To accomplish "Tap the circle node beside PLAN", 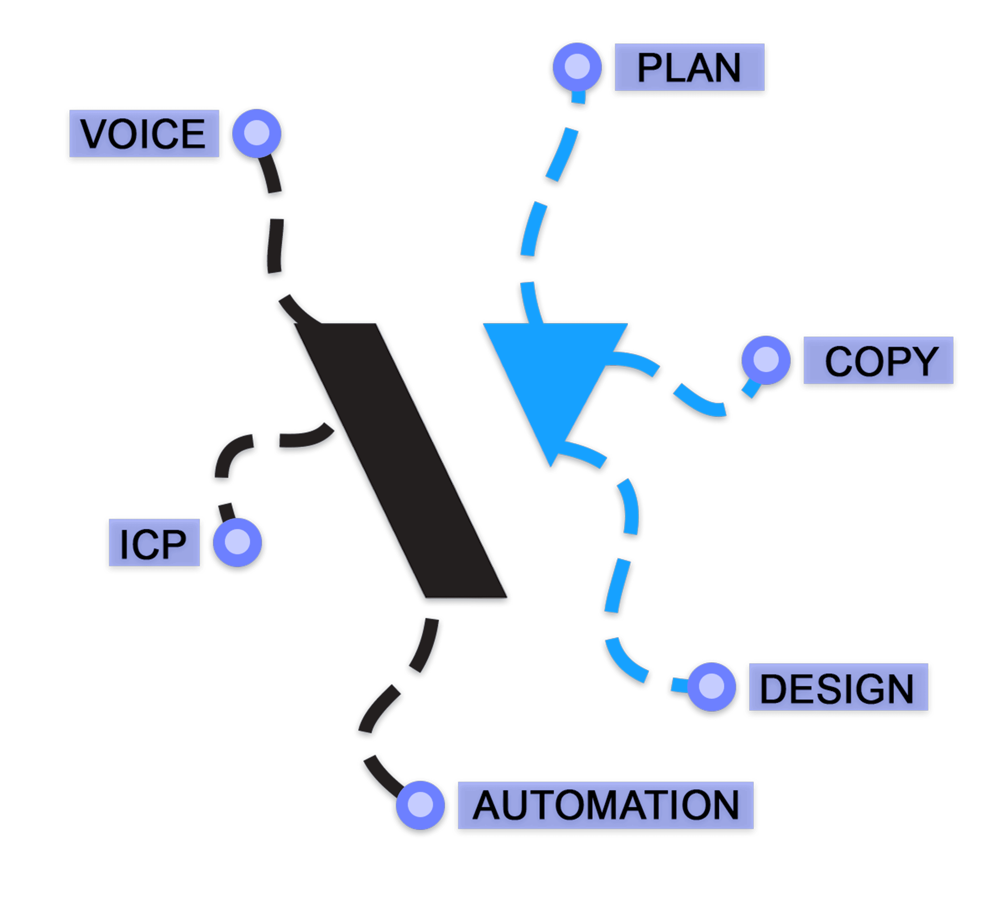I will [x=578, y=66].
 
